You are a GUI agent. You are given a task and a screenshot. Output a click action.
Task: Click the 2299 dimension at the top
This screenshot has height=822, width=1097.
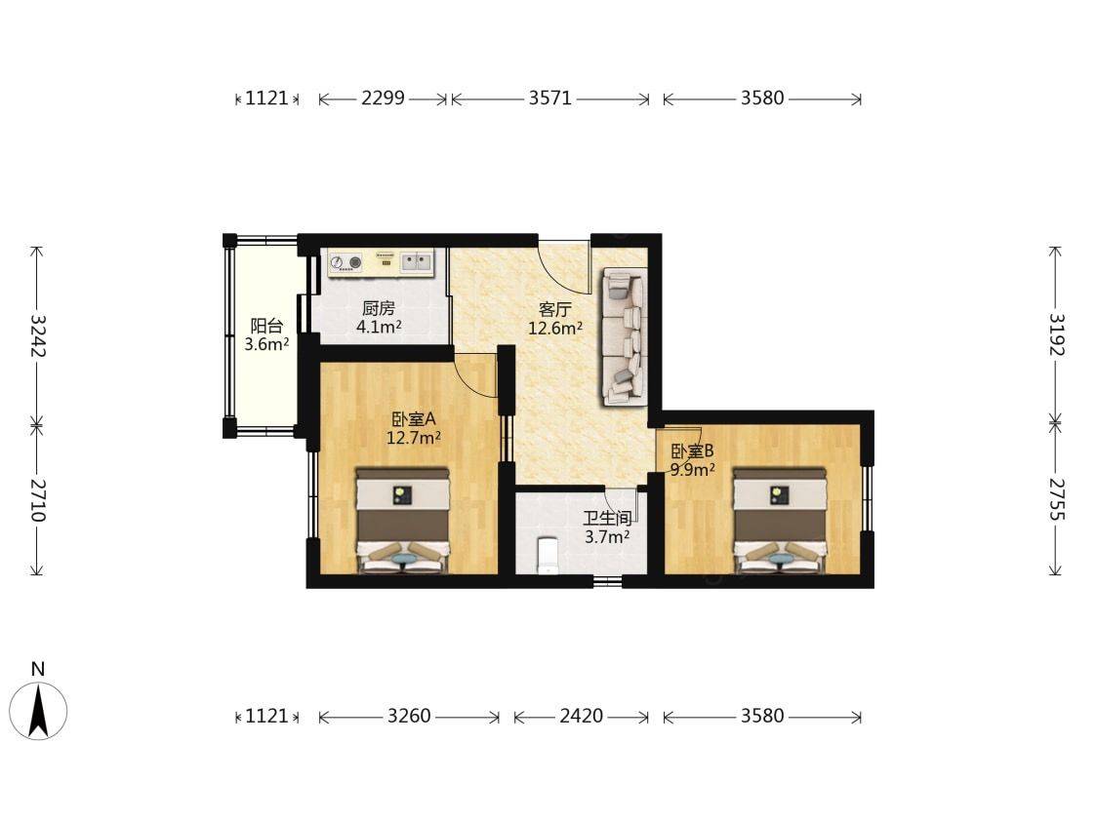click(383, 98)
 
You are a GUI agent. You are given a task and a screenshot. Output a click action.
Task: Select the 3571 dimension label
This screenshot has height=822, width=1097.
click(549, 98)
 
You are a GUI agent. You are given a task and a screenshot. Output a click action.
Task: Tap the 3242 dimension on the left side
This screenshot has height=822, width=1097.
click(38, 335)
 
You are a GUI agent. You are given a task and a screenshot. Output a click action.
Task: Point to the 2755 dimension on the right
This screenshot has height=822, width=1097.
click(1056, 499)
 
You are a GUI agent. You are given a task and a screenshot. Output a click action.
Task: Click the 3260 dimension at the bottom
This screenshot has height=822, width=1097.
click(409, 716)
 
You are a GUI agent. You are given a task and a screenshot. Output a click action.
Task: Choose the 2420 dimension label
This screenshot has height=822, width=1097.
click(582, 716)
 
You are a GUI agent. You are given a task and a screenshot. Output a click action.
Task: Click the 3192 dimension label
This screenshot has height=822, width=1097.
click(1056, 334)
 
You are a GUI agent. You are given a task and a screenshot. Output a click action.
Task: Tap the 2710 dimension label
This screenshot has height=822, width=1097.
click(38, 500)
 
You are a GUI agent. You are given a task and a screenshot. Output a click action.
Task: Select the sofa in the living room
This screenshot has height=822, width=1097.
click(623, 337)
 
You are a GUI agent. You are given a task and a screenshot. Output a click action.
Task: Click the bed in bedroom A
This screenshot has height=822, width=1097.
click(402, 522)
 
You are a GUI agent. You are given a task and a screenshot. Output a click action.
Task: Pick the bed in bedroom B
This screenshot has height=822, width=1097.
click(780, 522)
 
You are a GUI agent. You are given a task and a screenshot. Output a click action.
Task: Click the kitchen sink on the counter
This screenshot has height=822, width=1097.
click(416, 262)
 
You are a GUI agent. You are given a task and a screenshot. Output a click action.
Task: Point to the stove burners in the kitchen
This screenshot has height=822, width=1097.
click(345, 263)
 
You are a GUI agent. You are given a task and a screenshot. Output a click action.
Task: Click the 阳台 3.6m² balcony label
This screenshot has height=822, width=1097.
click(266, 334)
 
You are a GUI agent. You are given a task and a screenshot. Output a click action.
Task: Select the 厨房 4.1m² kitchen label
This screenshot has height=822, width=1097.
click(379, 317)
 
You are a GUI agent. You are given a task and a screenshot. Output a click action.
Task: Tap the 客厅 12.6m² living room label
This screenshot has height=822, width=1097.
click(554, 319)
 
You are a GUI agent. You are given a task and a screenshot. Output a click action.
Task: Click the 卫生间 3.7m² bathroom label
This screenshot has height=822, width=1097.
click(607, 527)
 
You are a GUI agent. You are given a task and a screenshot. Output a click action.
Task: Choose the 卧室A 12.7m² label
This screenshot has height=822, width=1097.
click(414, 428)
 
